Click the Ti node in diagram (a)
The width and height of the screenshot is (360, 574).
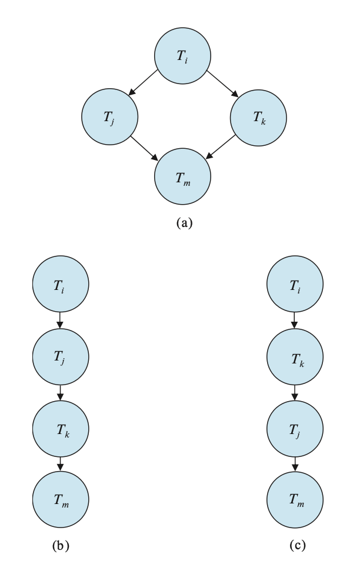coord(182,56)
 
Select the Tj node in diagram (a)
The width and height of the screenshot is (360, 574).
coord(109,116)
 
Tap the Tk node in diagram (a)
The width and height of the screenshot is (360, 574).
coord(258,116)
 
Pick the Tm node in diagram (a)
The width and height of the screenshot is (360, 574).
coord(182,176)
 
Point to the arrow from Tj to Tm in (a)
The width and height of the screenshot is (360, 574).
coord(145,148)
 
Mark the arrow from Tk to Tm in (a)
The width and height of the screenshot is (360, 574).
coord(221,148)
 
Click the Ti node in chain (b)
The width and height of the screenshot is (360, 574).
coord(60,286)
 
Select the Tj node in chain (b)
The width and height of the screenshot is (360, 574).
coord(60,357)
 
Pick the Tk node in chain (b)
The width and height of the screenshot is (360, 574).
coord(60,429)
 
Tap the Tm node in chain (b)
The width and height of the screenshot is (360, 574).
coord(60,500)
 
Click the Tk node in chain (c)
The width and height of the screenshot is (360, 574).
coord(295,357)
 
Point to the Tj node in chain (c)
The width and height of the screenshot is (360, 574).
coord(295,429)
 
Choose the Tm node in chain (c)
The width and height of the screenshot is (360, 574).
coord(295,500)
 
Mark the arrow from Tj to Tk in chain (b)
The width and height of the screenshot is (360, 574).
coord(60,393)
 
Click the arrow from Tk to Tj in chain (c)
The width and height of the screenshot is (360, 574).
coord(295,393)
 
